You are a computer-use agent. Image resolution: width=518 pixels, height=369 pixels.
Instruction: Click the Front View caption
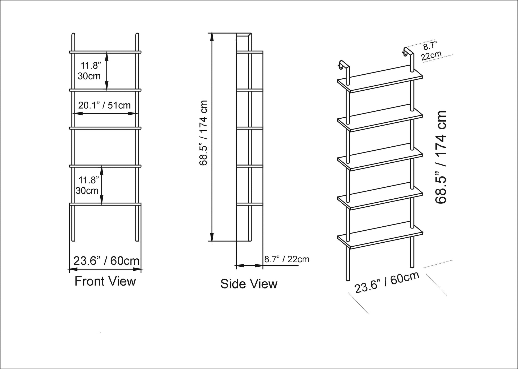[105, 281]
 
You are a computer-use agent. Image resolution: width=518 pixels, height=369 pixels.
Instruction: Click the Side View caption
[249, 284]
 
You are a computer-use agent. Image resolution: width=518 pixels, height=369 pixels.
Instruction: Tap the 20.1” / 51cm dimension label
[104, 105]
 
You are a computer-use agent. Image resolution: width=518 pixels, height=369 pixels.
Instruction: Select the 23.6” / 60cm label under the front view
[106, 260]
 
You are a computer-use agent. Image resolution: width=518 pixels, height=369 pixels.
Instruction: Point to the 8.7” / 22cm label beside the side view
[287, 259]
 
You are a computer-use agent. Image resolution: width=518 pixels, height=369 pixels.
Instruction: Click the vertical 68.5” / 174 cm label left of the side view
[204, 133]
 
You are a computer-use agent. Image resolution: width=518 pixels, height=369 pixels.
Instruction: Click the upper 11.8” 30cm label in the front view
[90, 71]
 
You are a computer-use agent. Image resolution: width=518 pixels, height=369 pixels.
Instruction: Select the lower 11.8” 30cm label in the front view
[88, 186]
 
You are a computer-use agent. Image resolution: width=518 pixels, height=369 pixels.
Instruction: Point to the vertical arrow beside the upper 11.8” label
[107, 71]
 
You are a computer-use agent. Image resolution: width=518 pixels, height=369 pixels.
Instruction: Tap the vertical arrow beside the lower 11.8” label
[102, 185]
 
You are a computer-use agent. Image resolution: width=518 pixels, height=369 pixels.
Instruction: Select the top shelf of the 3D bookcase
[380, 81]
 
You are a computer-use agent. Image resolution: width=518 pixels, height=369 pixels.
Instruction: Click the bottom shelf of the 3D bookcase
[380, 238]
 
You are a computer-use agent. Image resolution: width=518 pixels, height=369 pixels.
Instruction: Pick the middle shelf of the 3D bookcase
[380, 159]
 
